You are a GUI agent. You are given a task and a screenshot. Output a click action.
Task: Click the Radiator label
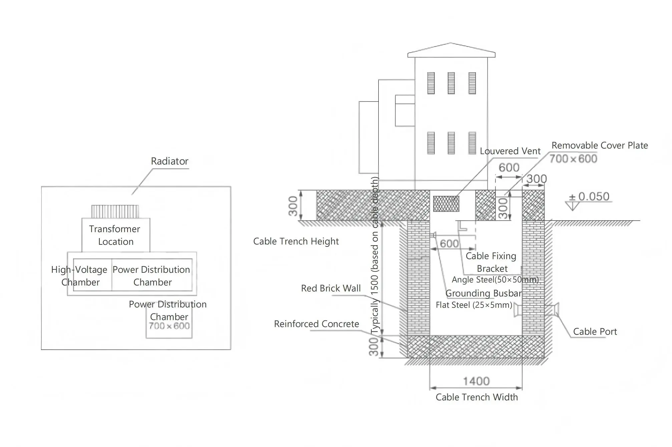click(x=170, y=161)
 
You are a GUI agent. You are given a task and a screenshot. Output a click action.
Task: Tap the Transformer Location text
click(x=115, y=235)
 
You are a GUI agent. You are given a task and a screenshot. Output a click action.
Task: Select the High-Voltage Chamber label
click(x=79, y=276)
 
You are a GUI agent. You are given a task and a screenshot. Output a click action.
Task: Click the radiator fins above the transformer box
click(x=115, y=212)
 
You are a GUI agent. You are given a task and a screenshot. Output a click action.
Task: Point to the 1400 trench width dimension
click(x=476, y=381)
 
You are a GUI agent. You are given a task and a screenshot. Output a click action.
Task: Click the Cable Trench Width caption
click(x=476, y=397)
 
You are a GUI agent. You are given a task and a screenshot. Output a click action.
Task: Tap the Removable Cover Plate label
click(x=600, y=145)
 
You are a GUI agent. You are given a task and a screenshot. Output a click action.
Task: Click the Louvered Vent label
click(x=510, y=151)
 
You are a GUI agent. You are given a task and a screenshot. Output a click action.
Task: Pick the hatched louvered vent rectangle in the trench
click(x=446, y=204)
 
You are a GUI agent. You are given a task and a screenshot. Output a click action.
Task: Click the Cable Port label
click(x=595, y=331)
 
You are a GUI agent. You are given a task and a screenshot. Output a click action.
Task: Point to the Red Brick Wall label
click(x=331, y=288)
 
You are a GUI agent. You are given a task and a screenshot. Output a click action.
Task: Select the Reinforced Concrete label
click(x=316, y=324)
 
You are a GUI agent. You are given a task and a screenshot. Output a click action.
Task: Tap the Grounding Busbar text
click(x=483, y=293)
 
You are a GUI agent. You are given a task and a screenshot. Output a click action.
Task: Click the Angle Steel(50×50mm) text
click(x=495, y=279)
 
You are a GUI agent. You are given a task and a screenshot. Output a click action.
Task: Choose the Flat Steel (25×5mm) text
click(x=474, y=305)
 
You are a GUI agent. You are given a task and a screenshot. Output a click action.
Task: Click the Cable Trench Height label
click(x=296, y=241)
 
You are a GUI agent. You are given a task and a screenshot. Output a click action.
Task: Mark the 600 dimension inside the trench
click(x=449, y=243)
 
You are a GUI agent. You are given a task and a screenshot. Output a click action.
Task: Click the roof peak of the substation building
click(x=451, y=43)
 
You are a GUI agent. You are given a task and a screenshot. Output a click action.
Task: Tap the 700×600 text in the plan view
click(x=169, y=326)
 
